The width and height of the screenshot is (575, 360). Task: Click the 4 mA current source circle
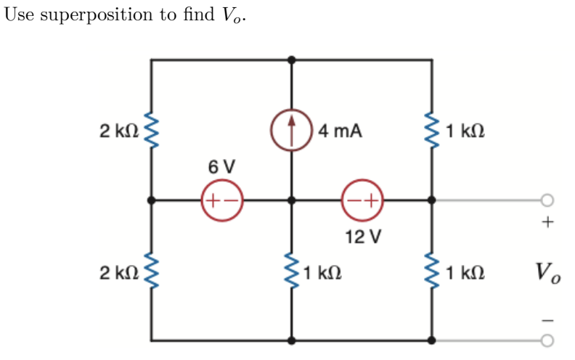292,131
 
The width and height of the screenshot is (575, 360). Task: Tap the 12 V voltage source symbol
362,200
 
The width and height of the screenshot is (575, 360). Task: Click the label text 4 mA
340,131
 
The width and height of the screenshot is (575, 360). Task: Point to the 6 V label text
221,166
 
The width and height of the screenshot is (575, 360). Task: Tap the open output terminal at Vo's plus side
547,200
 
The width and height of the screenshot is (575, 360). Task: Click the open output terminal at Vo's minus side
547,339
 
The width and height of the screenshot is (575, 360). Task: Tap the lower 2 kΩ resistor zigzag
152,273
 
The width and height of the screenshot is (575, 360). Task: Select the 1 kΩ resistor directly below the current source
292,273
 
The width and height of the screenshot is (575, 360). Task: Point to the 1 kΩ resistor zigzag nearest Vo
433,273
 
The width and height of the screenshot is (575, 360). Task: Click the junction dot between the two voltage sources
292,200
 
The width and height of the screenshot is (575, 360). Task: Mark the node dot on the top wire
292,60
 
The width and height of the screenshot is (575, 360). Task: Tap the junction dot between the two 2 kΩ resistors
152,200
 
